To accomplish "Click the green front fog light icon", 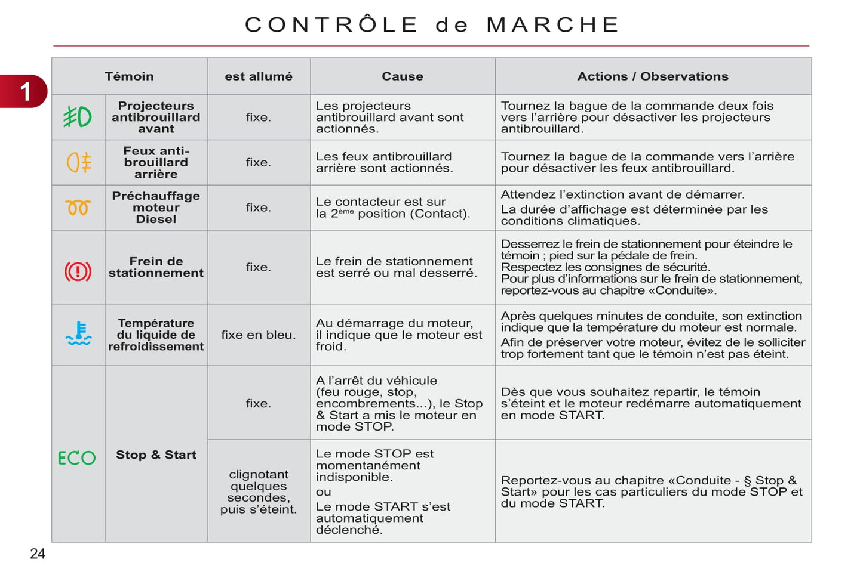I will (78, 117).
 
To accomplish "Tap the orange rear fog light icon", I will (79, 162).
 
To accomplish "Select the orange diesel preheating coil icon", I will (78, 208).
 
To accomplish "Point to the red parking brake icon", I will (78, 271).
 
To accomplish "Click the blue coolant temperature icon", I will (78, 334).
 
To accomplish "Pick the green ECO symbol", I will (76, 457).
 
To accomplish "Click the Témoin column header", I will (129, 76).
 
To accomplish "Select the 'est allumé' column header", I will (259, 76).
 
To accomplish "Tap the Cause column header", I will (402, 76).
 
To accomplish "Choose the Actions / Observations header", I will (652, 76).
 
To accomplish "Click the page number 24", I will (38, 554).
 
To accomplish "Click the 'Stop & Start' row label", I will (156, 455).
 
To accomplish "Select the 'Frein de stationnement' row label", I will (156, 267).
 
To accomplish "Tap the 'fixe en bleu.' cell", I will (258, 335).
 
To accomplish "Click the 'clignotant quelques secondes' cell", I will (258, 491).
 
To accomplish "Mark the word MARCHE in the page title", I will (552, 24).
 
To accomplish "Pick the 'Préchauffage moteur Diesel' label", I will (156, 208).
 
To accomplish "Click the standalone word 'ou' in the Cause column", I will (323, 492).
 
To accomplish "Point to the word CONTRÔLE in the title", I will (331, 24).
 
